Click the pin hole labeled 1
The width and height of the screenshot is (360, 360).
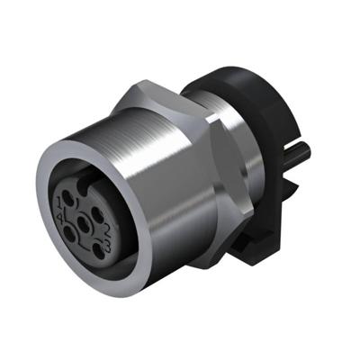point(67,198)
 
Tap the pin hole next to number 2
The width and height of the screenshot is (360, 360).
point(97,215)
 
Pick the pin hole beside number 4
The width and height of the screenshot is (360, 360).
point(69,234)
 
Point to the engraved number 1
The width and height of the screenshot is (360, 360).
point(58,202)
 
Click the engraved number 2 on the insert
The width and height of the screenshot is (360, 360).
point(107,230)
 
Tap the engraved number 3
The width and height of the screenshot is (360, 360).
point(108,246)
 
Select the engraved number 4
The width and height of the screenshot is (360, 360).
point(59,218)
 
